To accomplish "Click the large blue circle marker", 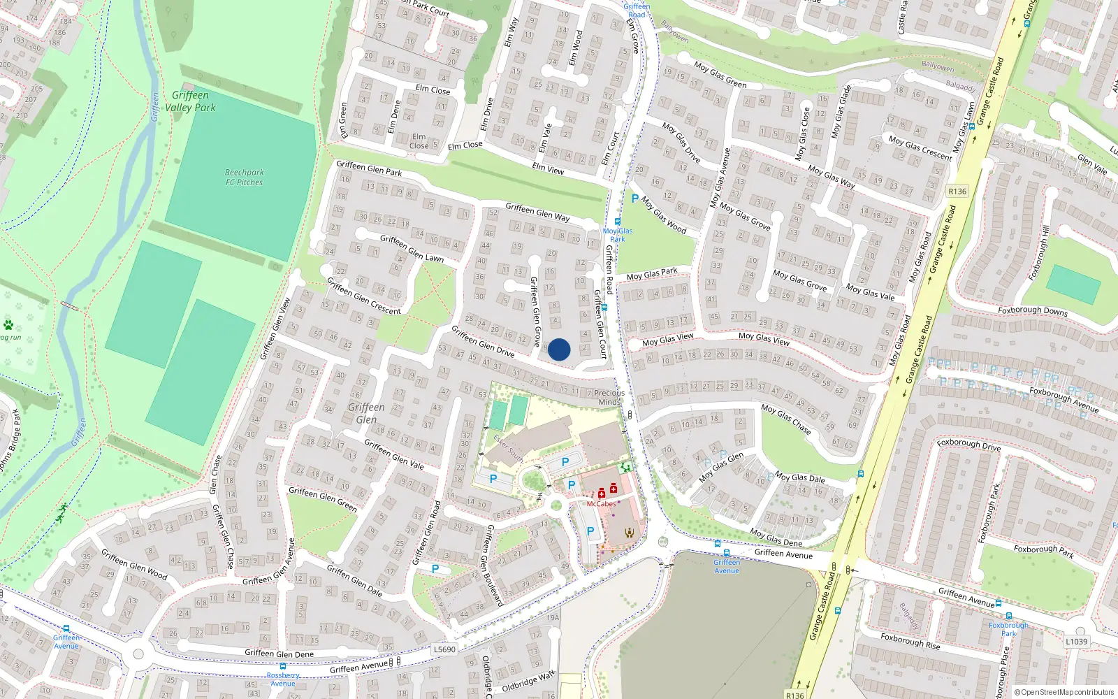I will click(x=559, y=349).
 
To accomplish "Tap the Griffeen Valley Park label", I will click(x=190, y=101).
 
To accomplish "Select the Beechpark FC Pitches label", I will click(x=244, y=178).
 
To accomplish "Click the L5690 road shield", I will click(x=444, y=649).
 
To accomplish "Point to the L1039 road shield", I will click(x=1077, y=641).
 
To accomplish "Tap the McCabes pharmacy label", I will click(x=601, y=503).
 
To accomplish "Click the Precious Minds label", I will click(x=609, y=397).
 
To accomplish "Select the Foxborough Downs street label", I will click(x=1032, y=310).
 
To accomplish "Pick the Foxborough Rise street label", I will click(x=910, y=641).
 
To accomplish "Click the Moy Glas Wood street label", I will click(x=664, y=215).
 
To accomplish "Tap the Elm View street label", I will click(x=548, y=168).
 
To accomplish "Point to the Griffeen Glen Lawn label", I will click(x=412, y=248).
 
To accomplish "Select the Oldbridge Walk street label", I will click(x=528, y=682).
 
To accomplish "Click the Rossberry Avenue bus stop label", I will click(x=283, y=679).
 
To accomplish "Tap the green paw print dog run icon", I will click(x=8, y=325).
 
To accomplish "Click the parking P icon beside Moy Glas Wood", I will click(x=634, y=199).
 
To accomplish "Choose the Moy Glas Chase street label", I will click(x=786, y=419).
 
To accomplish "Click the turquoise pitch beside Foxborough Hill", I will click(x=1073, y=284).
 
